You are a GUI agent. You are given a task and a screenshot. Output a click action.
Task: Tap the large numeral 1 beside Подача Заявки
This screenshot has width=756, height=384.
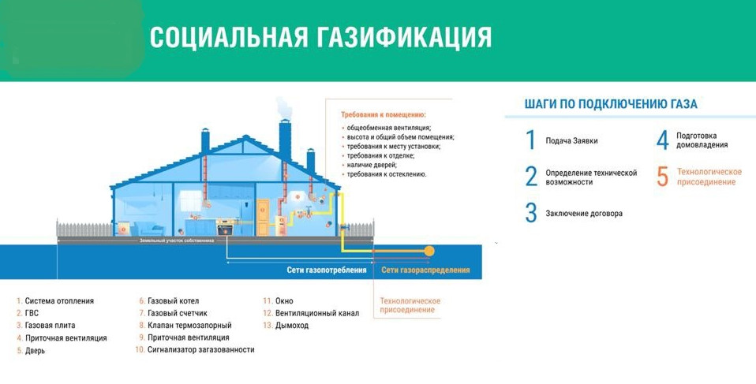[x=530, y=140]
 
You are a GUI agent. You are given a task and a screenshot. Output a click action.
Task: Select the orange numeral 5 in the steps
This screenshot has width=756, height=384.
[x=662, y=177]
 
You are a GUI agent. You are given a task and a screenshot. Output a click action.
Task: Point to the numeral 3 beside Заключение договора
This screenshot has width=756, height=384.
[x=530, y=214]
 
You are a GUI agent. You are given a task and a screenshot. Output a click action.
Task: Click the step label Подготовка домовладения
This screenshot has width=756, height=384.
[x=702, y=140]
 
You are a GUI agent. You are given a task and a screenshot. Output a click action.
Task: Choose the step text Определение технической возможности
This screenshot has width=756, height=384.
[x=591, y=177]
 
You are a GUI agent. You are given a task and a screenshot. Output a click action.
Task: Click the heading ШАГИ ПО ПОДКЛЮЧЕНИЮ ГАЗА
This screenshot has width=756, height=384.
[x=610, y=104]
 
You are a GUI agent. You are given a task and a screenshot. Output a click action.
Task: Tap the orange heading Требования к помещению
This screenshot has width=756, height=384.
[x=383, y=114]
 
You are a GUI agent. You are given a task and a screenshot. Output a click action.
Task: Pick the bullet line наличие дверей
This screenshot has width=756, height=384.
[x=375, y=165]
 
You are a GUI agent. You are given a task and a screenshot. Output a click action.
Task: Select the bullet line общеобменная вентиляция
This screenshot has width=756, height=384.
[x=389, y=127]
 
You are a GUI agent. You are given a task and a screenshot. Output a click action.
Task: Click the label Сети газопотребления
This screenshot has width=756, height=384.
[x=327, y=270]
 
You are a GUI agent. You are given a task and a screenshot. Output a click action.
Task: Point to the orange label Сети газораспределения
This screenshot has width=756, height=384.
[x=425, y=270]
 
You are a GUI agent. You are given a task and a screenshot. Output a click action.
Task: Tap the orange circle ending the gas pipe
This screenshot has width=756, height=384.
[x=429, y=251]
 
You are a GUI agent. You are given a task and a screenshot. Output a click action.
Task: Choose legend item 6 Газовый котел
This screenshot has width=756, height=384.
[x=173, y=301]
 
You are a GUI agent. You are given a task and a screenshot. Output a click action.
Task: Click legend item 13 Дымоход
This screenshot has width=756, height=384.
[x=291, y=326]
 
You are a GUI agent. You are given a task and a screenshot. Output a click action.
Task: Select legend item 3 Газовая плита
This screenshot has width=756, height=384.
[x=51, y=326]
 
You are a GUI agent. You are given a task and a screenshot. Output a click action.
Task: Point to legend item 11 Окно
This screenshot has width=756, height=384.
[x=283, y=301]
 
